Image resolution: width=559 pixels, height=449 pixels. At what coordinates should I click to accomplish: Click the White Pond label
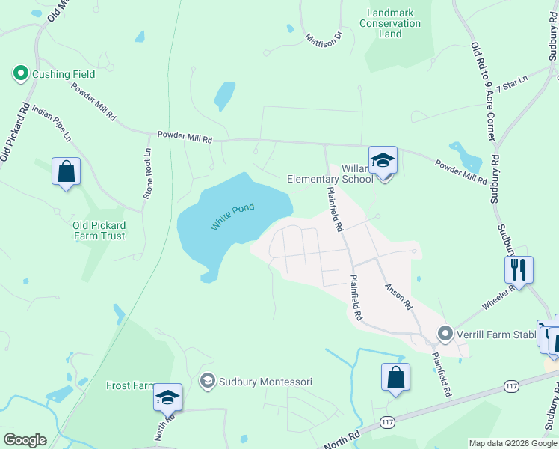(x=232, y=217)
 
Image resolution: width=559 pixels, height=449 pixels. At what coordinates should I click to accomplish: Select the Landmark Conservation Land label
(x=390, y=23)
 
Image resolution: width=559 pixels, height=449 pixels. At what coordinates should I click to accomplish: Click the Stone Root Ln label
(x=148, y=172)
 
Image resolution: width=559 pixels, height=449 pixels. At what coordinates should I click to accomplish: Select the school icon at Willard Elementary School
(x=383, y=161)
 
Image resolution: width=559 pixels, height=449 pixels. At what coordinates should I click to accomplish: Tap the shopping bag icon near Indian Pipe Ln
(x=66, y=171)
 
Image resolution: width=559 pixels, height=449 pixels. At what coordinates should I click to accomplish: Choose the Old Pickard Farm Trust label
(x=99, y=230)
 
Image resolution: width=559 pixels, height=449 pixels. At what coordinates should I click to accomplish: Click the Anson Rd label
(x=398, y=296)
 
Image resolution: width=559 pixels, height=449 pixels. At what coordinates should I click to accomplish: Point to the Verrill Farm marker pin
(x=446, y=333)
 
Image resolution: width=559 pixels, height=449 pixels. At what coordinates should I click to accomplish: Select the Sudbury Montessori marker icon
(x=206, y=382)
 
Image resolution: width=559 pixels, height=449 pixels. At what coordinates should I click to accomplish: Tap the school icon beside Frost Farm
(x=167, y=397)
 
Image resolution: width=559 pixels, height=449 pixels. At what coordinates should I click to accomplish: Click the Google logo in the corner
(x=25, y=440)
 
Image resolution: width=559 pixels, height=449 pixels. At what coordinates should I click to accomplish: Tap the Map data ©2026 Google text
(x=513, y=443)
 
